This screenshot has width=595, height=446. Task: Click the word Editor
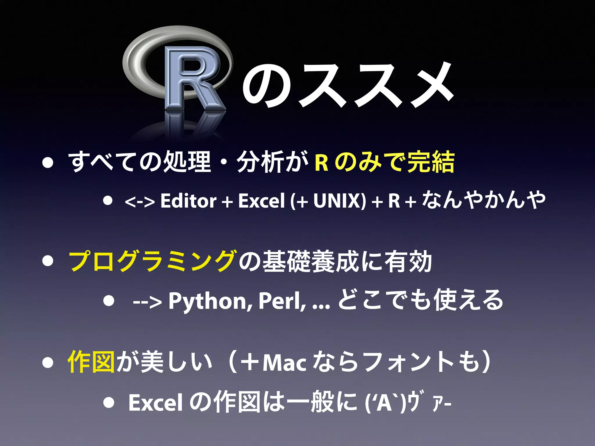(188, 201)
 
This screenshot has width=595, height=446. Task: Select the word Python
(207, 301)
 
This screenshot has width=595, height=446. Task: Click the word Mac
(284, 363)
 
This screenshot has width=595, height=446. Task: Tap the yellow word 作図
(91, 362)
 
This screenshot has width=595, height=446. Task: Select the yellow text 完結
(431, 162)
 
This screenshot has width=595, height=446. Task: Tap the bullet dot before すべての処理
(47, 163)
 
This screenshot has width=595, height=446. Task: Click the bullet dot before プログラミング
(47, 261)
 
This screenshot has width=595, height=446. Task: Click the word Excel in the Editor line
(261, 201)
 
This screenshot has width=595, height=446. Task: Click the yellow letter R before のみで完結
(321, 163)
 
